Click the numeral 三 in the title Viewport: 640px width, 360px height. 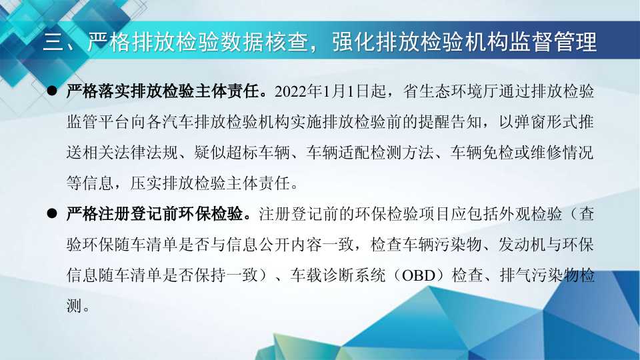coord(53,41)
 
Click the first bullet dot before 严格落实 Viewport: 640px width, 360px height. coord(52,91)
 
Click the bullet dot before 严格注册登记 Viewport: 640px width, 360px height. coord(52,213)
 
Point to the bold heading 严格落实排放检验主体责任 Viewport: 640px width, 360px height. coord(163,91)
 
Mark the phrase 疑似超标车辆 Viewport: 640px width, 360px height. coord(241,153)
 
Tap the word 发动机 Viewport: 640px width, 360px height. coord(521,245)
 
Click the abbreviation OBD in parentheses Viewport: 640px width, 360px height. coord(419,275)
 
